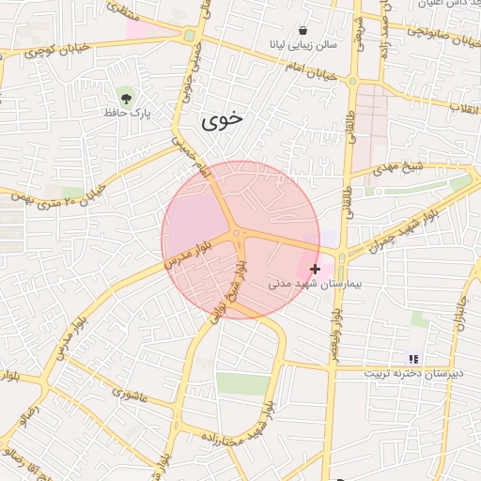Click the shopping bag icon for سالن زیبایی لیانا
pos(302,29)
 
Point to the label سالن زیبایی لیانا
pos(302,45)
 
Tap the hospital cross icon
pos(315,269)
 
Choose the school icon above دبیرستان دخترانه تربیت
pos(413,358)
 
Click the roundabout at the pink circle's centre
pos(239,234)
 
